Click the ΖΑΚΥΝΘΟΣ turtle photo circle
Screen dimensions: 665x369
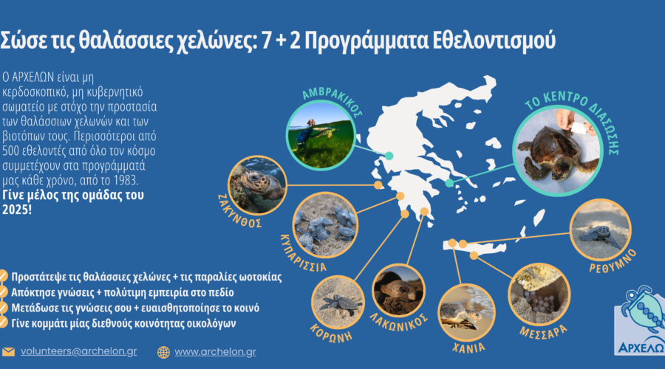tap(257, 185)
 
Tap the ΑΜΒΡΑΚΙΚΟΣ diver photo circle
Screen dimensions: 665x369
tap(321, 136)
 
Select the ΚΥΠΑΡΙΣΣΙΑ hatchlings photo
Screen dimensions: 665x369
tap(325, 225)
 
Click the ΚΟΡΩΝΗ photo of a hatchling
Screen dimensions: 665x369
tap(338, 303)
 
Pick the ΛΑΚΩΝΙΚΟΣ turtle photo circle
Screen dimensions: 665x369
tap(398, 290)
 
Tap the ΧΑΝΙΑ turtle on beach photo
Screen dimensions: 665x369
tap(466, 313)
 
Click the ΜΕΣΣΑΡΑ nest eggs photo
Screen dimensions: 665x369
tap(539, 294)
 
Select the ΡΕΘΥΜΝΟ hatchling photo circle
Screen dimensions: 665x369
tap(601, 230)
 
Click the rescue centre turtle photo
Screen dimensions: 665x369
tap(558, 151)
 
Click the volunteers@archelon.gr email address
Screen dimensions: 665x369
tap(79, 351)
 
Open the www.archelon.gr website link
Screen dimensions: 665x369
tap(216, 352)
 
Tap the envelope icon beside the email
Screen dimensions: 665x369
tap(8, 352)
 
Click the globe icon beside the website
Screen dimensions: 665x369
tap(164, 353)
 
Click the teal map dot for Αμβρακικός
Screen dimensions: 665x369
tap(389, 156)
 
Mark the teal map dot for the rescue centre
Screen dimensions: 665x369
tap(449, 183)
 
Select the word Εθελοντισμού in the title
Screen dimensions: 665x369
tap(494, 41)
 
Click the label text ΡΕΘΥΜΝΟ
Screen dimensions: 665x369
tap(613, 261)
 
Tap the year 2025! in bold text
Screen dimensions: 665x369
tap(17, 210)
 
